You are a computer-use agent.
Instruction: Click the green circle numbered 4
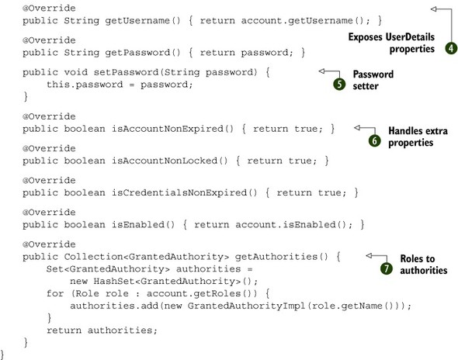tap(451, 48)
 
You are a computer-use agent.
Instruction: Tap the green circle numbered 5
tap(339, 84)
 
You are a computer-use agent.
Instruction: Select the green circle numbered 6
tap(374, 141)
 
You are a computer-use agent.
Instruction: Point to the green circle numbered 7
tap(387, 268)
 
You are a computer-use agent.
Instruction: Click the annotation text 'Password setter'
tap(373, 80)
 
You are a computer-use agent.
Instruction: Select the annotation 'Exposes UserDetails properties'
tap(391, 43)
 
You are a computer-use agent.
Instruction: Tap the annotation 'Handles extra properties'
tap(418, 137)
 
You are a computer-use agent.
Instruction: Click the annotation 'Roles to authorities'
tap(424, 265)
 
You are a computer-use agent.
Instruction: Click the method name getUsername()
tap(143, 21)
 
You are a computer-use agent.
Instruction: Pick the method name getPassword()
tap(143, 53)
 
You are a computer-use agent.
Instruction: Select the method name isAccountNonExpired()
tap(173, 129)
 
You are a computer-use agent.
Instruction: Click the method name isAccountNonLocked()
tap(170, 161)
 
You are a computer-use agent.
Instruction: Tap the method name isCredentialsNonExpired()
tap(185, 192)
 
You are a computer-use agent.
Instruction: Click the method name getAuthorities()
tap(282, 257)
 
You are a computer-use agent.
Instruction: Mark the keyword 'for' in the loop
tap(55, 292)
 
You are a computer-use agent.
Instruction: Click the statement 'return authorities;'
tap(102, 331)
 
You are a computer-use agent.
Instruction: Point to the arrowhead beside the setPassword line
tap(322, 71)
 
